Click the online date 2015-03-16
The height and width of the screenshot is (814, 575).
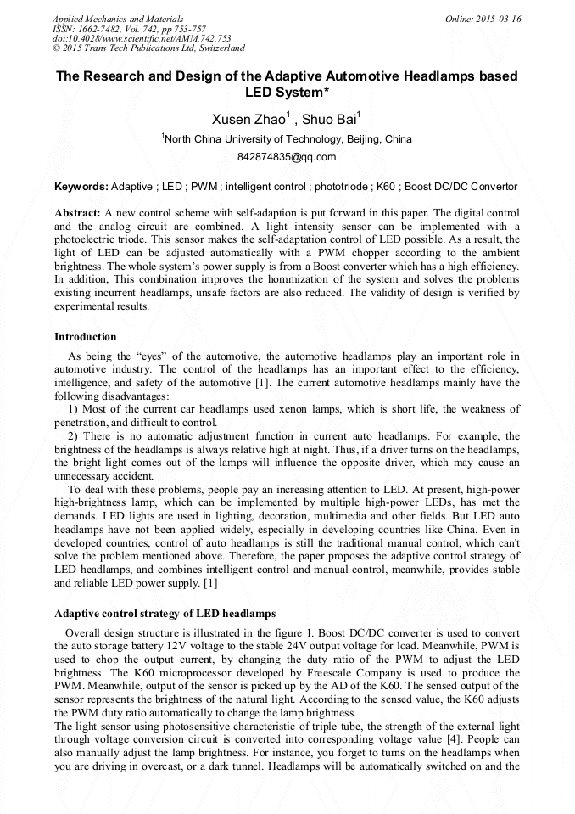tap(501, 19)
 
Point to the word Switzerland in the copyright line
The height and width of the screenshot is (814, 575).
tap(215, 48)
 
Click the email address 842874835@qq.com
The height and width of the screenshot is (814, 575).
tap(287, 157)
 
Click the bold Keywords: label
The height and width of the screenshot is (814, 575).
tap(81, 186)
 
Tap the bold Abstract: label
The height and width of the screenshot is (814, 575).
tap(77, 212)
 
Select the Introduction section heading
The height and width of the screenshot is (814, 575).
tap(86, 337)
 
